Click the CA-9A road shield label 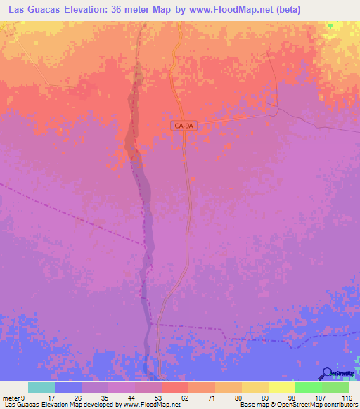pos(181,125)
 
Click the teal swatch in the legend pos(41,387)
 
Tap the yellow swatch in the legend pos(281,387)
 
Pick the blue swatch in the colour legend pos(68,387)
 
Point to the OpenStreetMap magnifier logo pos(327,373)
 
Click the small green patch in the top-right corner pos(330,25)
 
